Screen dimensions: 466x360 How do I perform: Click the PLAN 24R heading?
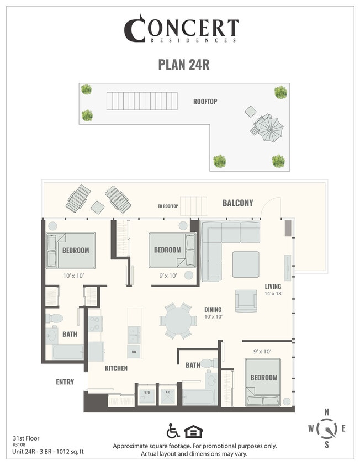coord(184,64)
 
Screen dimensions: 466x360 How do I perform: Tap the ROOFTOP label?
coord(205,102)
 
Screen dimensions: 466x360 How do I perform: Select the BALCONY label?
coord(237,203)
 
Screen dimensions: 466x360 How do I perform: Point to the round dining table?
coord(178,320)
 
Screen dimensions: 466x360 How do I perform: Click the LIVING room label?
coord(273,287)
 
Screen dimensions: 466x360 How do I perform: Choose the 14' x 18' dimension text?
coord(273,294)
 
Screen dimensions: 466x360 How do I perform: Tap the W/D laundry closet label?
coord(147,393)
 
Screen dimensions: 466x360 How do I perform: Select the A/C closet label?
coord(167,393)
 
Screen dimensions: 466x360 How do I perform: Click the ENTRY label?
coord(65,382)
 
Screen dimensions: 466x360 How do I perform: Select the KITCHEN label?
coord(116,368)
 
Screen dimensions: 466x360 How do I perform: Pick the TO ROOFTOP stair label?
coord(168,206)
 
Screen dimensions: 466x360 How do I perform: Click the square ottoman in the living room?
coord(245,264)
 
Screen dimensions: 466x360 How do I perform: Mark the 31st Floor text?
coord(25,437)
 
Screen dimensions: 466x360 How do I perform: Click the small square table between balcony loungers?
coord(98,207)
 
